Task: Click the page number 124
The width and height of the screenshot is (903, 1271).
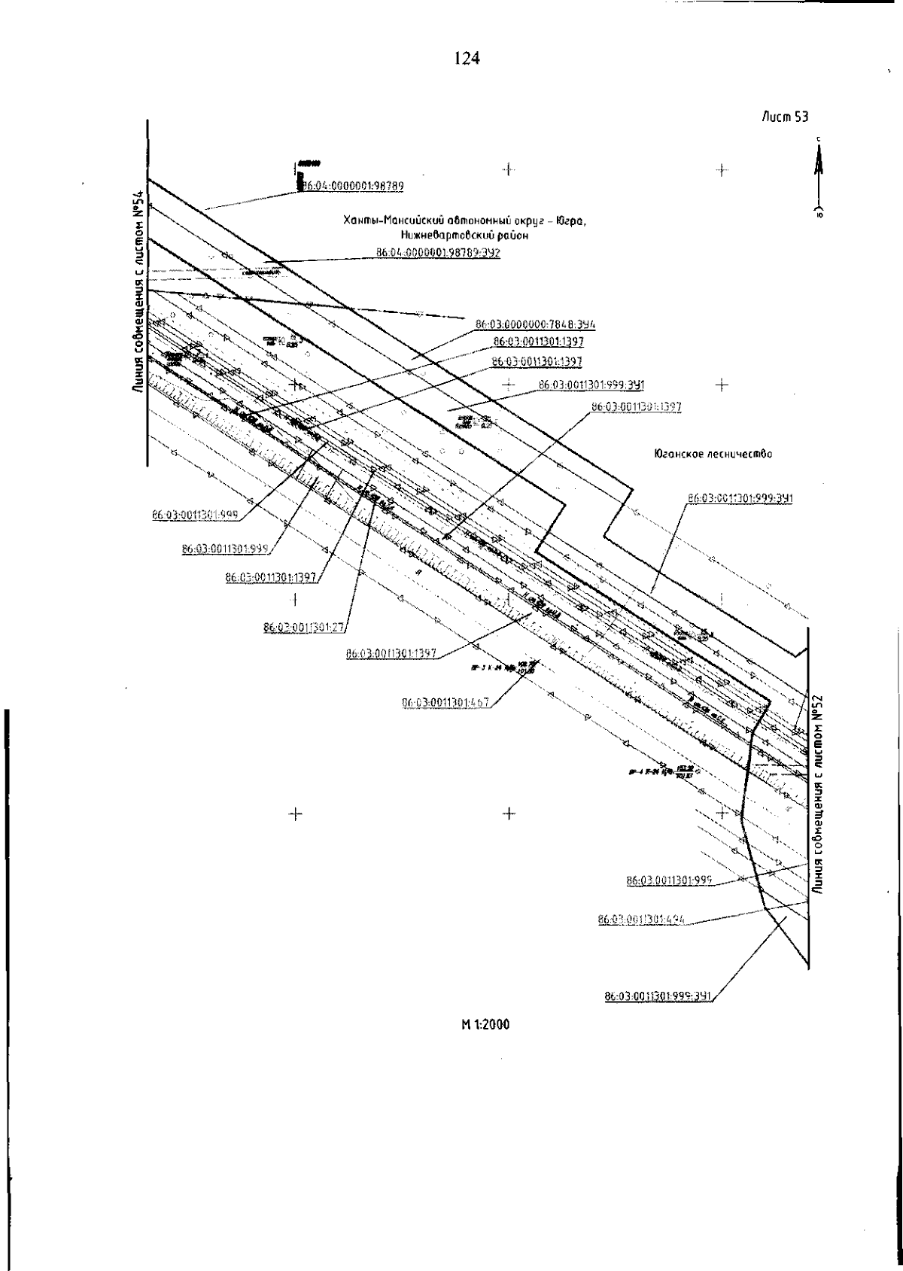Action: (467, 58)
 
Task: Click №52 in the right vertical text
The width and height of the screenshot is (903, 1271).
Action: (820, 709)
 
